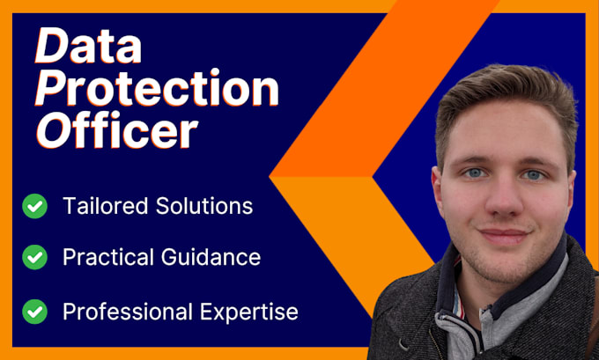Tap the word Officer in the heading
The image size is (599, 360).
117,133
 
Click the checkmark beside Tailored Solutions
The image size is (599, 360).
35,207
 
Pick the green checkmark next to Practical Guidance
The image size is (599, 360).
35,258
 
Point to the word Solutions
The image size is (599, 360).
200,207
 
